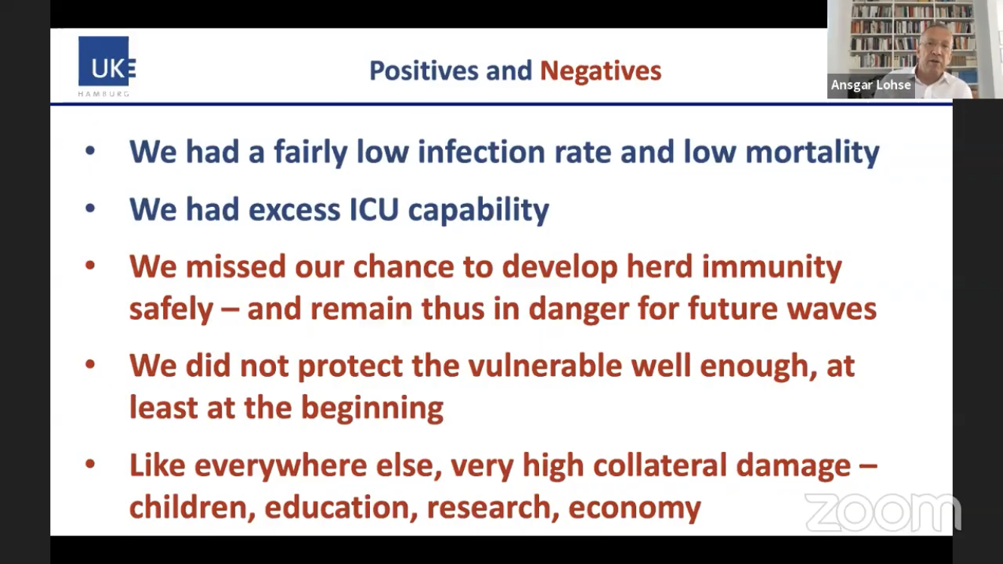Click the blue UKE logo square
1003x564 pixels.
point(104,61)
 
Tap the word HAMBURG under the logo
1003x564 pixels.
point(104,94)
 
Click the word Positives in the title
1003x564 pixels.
point(424,71)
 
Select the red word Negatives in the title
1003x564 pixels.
point(601,71)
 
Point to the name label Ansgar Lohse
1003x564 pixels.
point(871,85)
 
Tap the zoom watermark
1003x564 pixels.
point(883,512)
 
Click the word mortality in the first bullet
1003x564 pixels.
point(812,153)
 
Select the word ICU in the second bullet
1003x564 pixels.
point(374,209)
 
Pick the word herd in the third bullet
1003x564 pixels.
point(659,266)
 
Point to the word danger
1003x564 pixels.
point(578,309)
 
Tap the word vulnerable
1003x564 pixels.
point(545,365)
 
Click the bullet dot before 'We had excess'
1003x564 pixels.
point(90,208)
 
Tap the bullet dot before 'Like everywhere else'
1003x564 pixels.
point(90,464)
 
